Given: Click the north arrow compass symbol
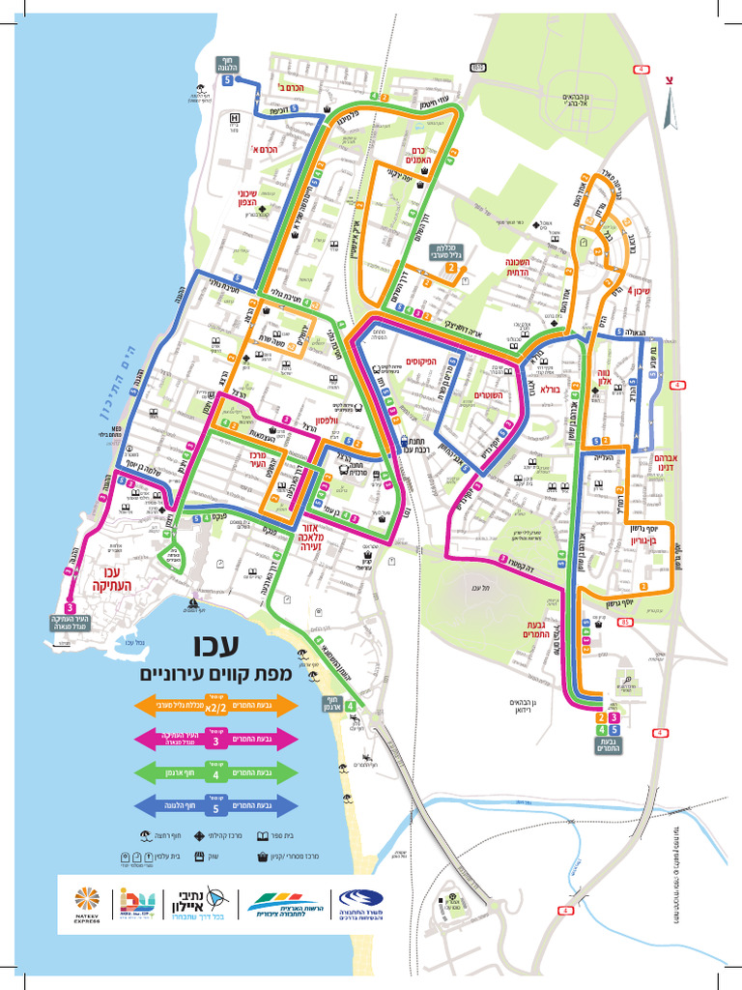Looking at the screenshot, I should click(x=668, y=80).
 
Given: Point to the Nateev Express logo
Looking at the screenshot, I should click(x=87, y=903).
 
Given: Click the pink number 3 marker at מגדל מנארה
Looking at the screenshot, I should click(x=71, y=606).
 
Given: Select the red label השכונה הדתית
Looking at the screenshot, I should click(x=519, y=267).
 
